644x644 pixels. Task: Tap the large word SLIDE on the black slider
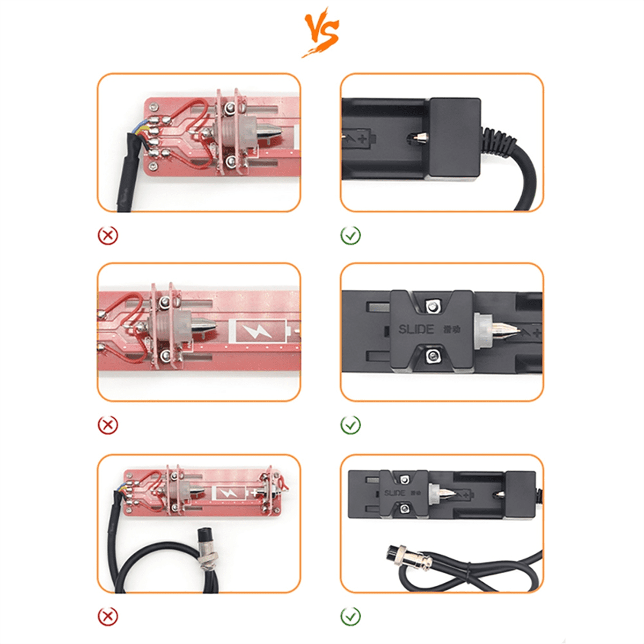[x=416, y=329]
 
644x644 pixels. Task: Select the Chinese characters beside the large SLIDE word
[x=451, y=329]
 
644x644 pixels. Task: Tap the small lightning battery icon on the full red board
[x=230, y=493]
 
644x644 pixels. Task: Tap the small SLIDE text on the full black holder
[x=394, y=493]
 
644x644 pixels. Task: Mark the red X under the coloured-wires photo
[x=108, y=235]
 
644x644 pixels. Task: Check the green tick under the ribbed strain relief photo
[x=350, y=235]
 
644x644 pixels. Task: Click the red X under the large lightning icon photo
[x=108, y=425]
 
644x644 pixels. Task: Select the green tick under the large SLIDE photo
[x=350, y=425]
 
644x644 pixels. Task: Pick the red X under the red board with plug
[x=108, y=617]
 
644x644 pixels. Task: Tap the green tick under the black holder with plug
[x=350, y=617]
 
